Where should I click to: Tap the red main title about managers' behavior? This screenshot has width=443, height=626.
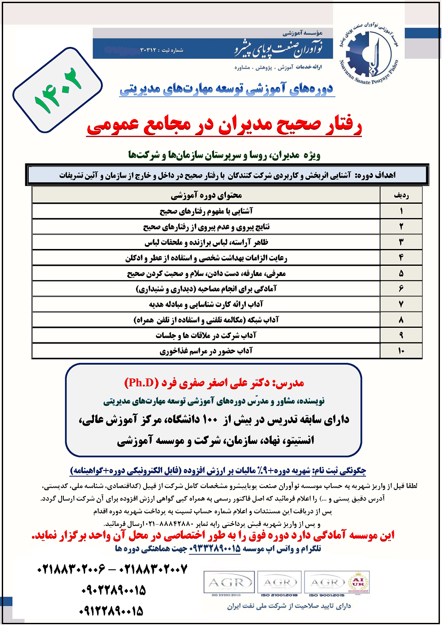(x=224, y=125)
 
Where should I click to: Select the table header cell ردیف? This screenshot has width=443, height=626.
(x=401, y=195)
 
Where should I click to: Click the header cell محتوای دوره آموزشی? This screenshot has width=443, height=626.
(x=206, y=195)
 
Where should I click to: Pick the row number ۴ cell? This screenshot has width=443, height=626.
(x=401, y=257)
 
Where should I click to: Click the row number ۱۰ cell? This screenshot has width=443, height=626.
(x=401, y=350)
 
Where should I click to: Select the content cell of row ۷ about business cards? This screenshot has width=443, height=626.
(x=206, y=304)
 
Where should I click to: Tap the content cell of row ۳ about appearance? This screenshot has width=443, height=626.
(x=206, y=242)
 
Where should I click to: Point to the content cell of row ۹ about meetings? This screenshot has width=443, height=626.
(x=206, y=335)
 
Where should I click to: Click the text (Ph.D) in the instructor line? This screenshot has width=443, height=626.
(x=141, y=383)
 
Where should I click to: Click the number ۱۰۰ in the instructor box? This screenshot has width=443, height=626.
(x=210, y=419)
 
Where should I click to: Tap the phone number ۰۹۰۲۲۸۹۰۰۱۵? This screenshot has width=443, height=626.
(x=113, y=590)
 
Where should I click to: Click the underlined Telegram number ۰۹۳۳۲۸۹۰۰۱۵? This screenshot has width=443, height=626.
(x=215, y=549)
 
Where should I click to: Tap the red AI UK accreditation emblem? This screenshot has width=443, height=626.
(x=358, y=582)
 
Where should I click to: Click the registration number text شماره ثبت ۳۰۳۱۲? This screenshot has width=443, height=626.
(x=161, y=50)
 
